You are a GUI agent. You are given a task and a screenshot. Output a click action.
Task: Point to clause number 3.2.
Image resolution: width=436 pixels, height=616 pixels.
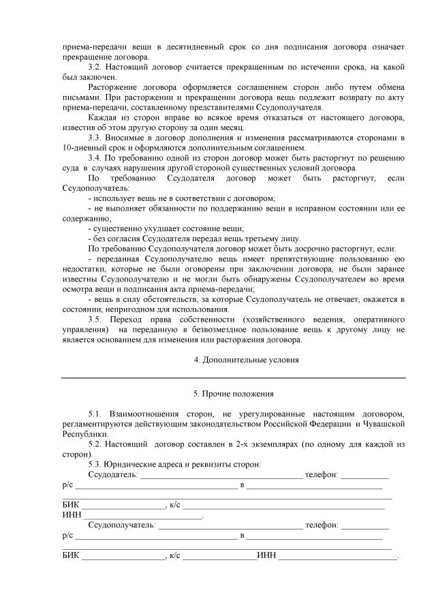tap(99, 67)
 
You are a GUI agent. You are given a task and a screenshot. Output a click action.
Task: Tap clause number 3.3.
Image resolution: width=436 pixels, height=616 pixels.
tap(99, 138)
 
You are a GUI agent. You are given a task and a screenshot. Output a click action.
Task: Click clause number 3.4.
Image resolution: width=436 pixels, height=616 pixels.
tap(99, 159)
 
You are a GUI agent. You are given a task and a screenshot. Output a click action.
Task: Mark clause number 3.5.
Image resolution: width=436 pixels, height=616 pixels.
tap(99, 319)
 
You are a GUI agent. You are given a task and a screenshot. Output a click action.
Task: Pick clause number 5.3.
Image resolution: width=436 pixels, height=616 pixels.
tap(99, 464)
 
